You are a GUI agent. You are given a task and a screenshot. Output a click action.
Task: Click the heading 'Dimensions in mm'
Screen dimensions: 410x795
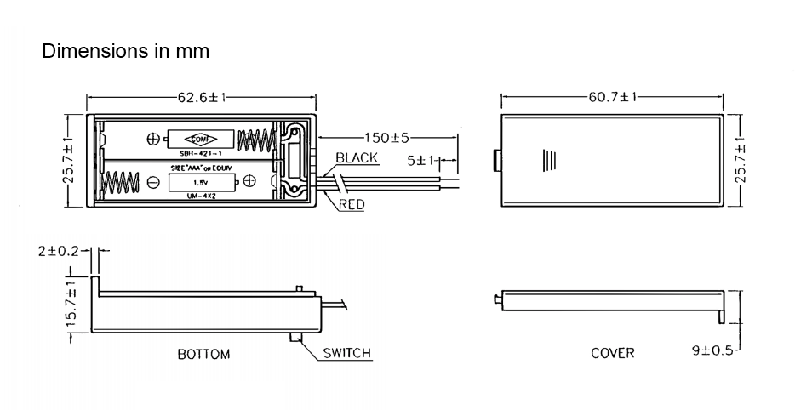pyautogui.click(x=126, y=51)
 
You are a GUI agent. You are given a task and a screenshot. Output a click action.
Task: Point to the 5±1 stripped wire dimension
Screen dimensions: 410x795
pyautogui.click(x=420, y=160)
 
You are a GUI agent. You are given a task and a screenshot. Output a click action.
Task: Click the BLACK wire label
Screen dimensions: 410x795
pyautogui.click(x=357, y=158)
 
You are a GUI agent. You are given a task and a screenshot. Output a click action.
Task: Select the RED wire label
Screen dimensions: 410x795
pyautogui.click(x=352, y=205)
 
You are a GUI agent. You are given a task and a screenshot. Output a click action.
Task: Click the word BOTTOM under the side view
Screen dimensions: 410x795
pyautogui.click(x=203, y=354)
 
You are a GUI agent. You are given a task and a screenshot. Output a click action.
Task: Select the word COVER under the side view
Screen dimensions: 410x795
pyautogui.click(x=613, y=352)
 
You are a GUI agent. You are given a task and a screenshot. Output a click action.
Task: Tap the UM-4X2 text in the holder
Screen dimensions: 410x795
pyautogui.click(x=201, y=197)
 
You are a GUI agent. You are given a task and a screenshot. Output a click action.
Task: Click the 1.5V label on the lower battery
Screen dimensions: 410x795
pyautogui.click(x=201, y=183)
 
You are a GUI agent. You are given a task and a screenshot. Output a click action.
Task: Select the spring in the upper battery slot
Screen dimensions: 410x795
pyautogui.click(x=255, y=139)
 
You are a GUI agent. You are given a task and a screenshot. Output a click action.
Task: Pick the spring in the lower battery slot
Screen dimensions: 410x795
pyautogui.click(x=121, y=182)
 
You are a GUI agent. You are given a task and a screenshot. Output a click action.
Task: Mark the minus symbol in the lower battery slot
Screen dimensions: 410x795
pyautogui.click(x=154, y=182)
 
